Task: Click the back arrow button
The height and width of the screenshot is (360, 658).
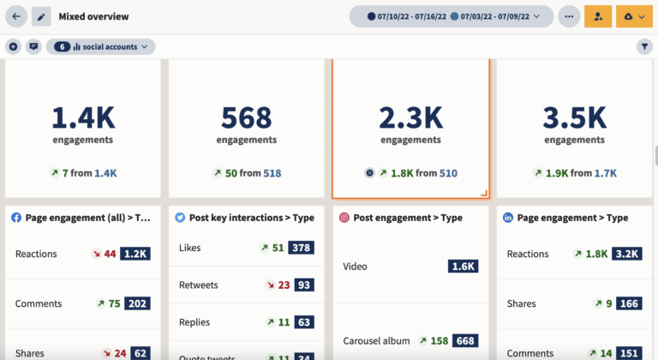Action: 16,16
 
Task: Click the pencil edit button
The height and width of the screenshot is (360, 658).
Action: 41,16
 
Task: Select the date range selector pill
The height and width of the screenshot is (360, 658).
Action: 451,16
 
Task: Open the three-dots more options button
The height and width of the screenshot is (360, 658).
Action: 569,16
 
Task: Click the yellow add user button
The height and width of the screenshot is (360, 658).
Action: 598,16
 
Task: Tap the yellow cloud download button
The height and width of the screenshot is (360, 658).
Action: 635,16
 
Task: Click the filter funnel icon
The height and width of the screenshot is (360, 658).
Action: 644,46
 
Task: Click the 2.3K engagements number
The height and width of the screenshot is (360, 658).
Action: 410,117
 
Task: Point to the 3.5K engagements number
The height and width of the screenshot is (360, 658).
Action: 575,117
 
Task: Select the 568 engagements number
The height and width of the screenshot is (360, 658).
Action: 246,117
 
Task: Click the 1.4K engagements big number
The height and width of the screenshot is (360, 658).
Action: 82,117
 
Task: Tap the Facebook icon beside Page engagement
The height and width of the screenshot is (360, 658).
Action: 16,218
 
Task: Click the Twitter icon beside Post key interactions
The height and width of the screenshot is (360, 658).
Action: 181,218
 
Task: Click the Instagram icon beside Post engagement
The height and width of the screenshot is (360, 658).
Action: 344,218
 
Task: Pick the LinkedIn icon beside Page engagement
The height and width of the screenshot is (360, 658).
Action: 509,218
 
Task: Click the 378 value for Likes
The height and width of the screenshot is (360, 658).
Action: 301,248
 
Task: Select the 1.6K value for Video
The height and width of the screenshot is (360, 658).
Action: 463,267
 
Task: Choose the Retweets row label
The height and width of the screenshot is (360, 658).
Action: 198,285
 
